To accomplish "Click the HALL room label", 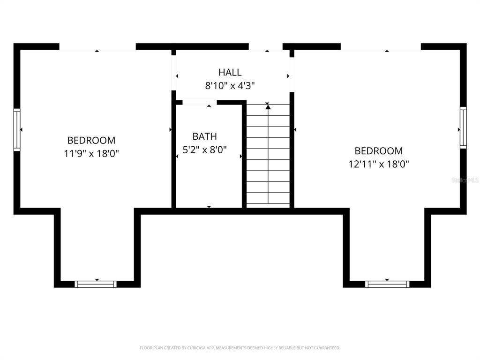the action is point(230,73).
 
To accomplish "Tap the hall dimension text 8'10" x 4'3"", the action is point(230,86).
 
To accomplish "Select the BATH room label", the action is point(204,136).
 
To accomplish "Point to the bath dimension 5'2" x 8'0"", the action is point(204,150).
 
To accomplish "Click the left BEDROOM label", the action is point(91,140).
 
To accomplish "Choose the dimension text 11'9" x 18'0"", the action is point(91,153).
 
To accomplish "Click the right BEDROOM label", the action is point(378,151).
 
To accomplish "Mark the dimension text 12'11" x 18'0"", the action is point(378,164).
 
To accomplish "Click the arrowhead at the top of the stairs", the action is point(268,107).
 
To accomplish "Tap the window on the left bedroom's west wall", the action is point(17,129).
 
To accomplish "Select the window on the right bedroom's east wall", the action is point(463,127).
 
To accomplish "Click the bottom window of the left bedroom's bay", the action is point(96,284).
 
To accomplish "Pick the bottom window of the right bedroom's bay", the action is point(387,284).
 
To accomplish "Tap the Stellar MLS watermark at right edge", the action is point(465,180).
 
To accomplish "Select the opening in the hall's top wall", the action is point(265,46).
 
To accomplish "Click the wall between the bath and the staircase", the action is point(244,155).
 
